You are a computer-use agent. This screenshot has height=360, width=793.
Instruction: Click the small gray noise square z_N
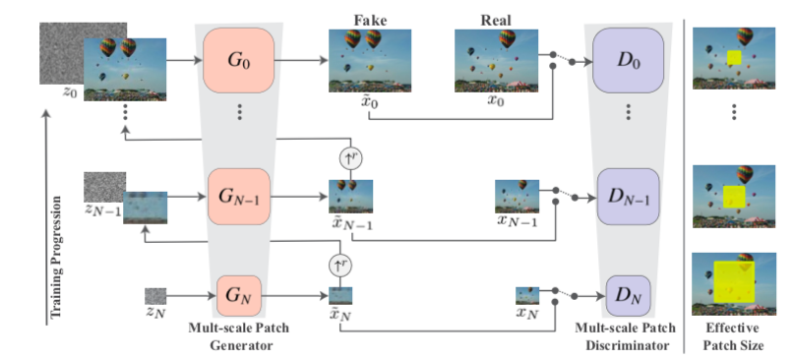(x=155, y=294)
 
